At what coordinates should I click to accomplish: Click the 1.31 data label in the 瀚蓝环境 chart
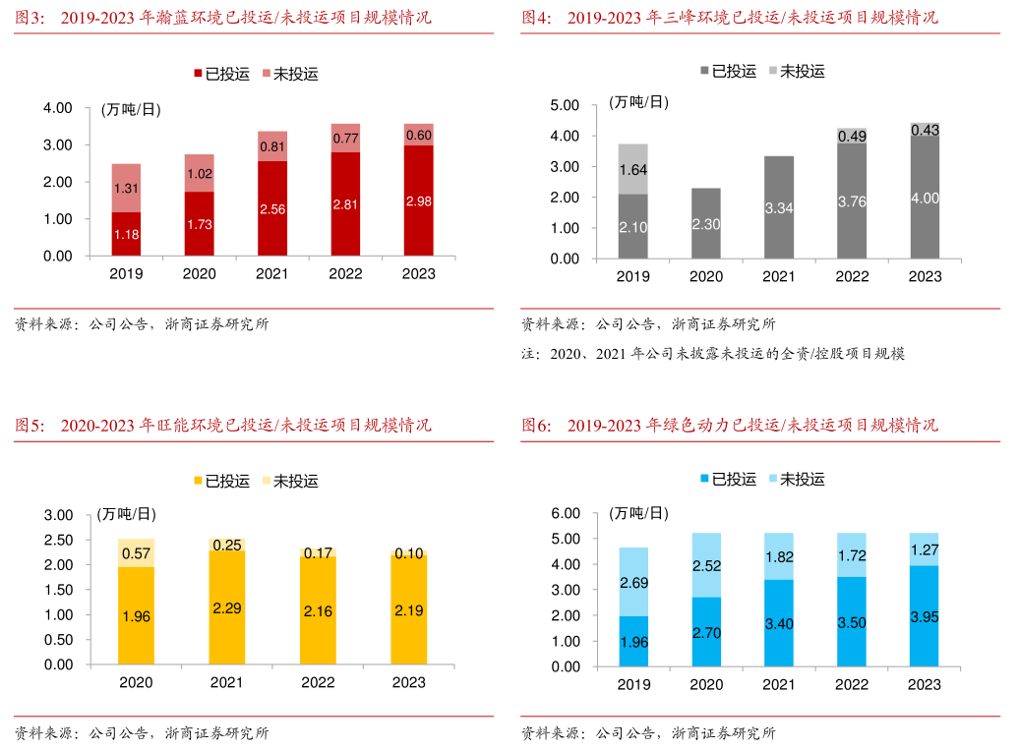[x=125, y=189]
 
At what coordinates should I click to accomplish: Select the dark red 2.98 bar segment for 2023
[x=418, y=202]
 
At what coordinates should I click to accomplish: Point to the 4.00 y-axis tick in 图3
[x=57, y=107]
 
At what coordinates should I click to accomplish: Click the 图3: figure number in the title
[x=30, y=18]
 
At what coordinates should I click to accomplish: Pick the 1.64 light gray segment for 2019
[x=632, y=169]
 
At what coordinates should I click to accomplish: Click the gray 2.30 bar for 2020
[x=705, y=224]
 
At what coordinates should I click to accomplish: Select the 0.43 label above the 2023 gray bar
[x=925, y=129]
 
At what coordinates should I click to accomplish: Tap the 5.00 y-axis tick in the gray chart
[x=566, y=105]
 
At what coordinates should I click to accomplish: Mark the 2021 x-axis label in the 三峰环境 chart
[x=778, y=276]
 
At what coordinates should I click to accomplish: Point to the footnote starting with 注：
[x=713, y=353]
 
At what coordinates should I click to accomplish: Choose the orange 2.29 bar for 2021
[x=227, y=607]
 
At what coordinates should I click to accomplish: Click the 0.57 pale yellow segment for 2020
[x=136, y=552]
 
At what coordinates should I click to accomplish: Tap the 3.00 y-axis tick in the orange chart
[x=58, y=515]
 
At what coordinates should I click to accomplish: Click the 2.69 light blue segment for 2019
[x=632, y=583]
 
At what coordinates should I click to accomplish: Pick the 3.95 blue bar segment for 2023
[x=925, y=616]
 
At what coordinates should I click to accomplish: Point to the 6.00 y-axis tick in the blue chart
[x=566, y=513]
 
